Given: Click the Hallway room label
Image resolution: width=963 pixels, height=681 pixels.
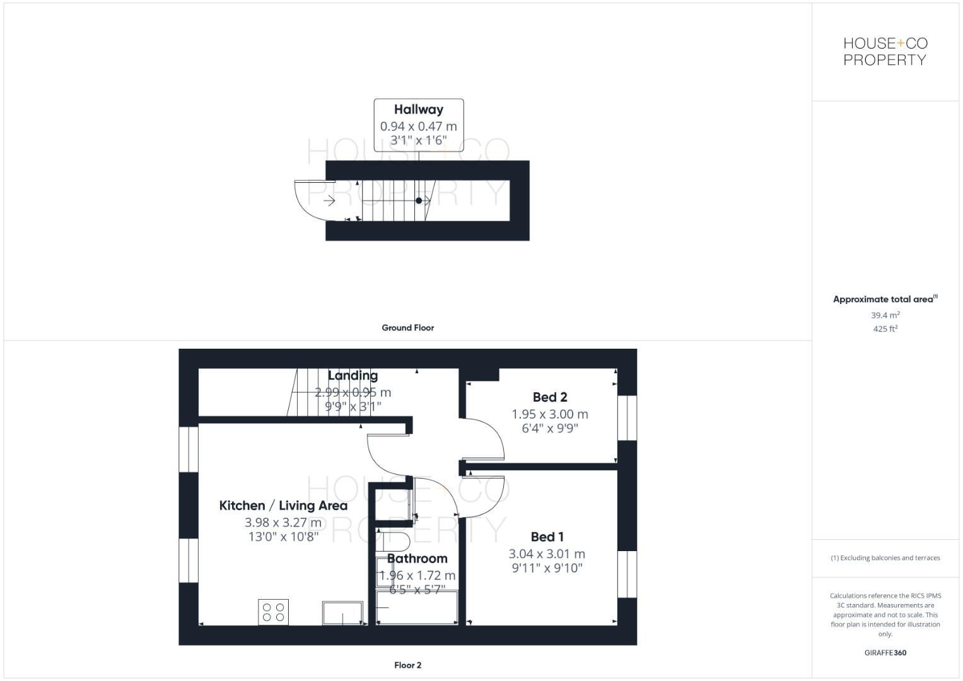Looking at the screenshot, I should tap(418, 110).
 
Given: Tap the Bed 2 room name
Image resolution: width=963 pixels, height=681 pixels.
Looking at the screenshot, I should tap(550, 397).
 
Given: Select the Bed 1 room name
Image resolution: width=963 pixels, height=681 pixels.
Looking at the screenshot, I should tap(547, 537).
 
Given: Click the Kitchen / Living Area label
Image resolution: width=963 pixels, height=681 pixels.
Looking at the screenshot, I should tap(283, 506).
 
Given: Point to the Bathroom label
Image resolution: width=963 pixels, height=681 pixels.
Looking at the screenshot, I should tap(417, 559).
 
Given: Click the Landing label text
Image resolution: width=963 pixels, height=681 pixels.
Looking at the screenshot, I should tap(353, 376).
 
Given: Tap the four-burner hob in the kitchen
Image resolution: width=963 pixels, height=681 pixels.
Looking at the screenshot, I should tap(273, 612).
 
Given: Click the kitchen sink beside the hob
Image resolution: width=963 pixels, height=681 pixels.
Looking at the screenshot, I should tap(342, 613).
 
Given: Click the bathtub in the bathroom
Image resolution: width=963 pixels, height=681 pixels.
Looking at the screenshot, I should tap(417, 607).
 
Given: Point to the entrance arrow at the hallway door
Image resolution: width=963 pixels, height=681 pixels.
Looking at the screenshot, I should tap(329, 201).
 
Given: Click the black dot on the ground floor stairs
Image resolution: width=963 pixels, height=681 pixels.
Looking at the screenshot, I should tap(419, 201).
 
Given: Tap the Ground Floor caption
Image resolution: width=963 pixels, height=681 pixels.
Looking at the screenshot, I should tap(407, 328).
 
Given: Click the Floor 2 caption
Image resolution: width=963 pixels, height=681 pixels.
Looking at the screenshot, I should tap(407, 665).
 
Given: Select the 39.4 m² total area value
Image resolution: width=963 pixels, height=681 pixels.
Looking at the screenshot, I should tap(885, 315).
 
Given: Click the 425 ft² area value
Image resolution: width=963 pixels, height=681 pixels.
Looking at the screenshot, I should tap(885, 329).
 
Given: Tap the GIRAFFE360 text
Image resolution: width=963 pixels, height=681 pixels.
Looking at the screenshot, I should tap(885, 653).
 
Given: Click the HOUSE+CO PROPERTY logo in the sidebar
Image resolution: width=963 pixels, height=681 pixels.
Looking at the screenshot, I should tap(885, 52).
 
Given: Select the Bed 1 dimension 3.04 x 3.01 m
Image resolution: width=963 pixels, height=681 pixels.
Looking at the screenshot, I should tap(547, 554).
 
